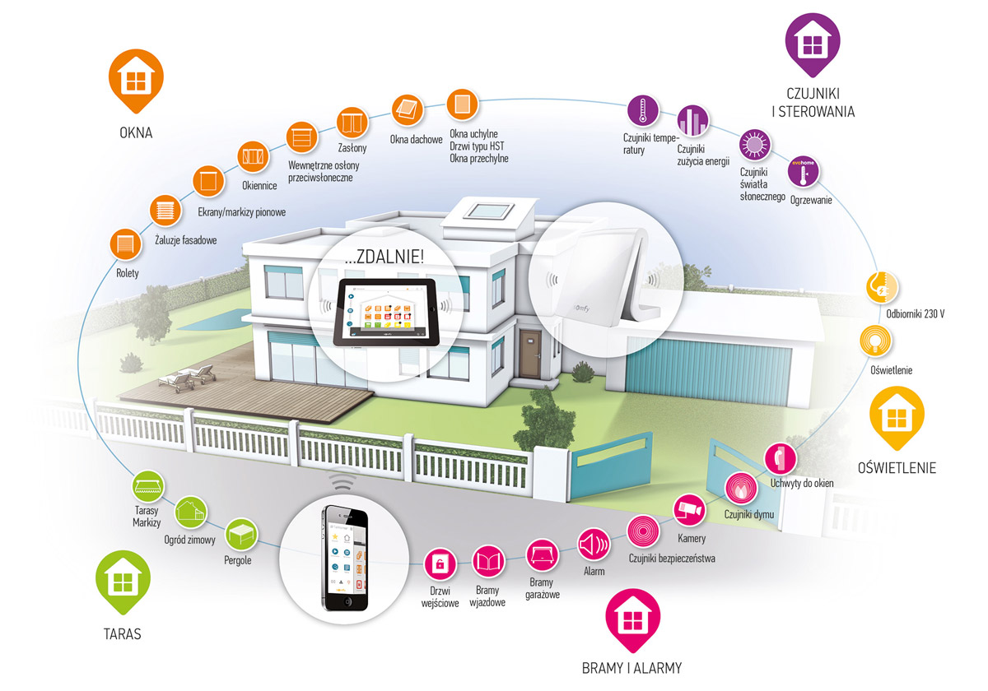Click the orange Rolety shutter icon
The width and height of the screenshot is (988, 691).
(125, 245)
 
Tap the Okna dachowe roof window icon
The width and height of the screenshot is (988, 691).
(406, 109)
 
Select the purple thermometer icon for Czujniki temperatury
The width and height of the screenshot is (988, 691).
(641, 110)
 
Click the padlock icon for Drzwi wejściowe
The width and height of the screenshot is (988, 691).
(440, 565)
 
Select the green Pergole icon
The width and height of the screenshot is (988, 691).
(240, 533)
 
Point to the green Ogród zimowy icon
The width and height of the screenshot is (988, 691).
(191, 512)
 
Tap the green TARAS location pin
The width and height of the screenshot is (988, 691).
(122, 582)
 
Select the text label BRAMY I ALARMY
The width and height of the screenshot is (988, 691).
(631, 667)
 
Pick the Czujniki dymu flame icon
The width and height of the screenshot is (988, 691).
(740, 487)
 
